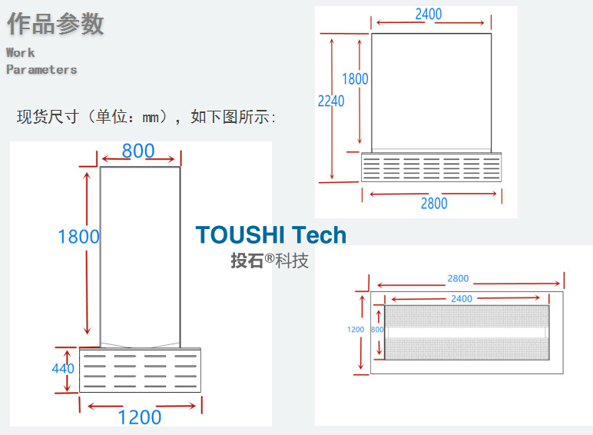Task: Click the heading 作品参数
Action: (55, 24)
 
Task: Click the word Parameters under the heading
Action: (41, 69)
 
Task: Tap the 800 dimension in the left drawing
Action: (138, 151)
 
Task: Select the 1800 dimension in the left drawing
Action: (79, 236)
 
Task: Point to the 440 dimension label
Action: (63, 368)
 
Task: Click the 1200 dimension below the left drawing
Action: (139, 417)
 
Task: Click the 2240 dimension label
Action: (331, 100)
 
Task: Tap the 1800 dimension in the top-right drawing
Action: (355, 78)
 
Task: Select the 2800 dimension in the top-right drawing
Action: (434, 204)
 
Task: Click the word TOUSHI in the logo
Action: (240, 235)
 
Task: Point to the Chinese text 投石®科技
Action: (270, 261)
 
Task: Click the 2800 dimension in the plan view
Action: (458, 279)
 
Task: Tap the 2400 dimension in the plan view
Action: (462, 298)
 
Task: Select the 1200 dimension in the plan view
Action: (356, 329)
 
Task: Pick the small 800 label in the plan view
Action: (376, 329)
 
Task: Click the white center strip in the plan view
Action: (467, 332)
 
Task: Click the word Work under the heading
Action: (21, 52)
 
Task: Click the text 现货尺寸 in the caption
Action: (48, 118)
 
